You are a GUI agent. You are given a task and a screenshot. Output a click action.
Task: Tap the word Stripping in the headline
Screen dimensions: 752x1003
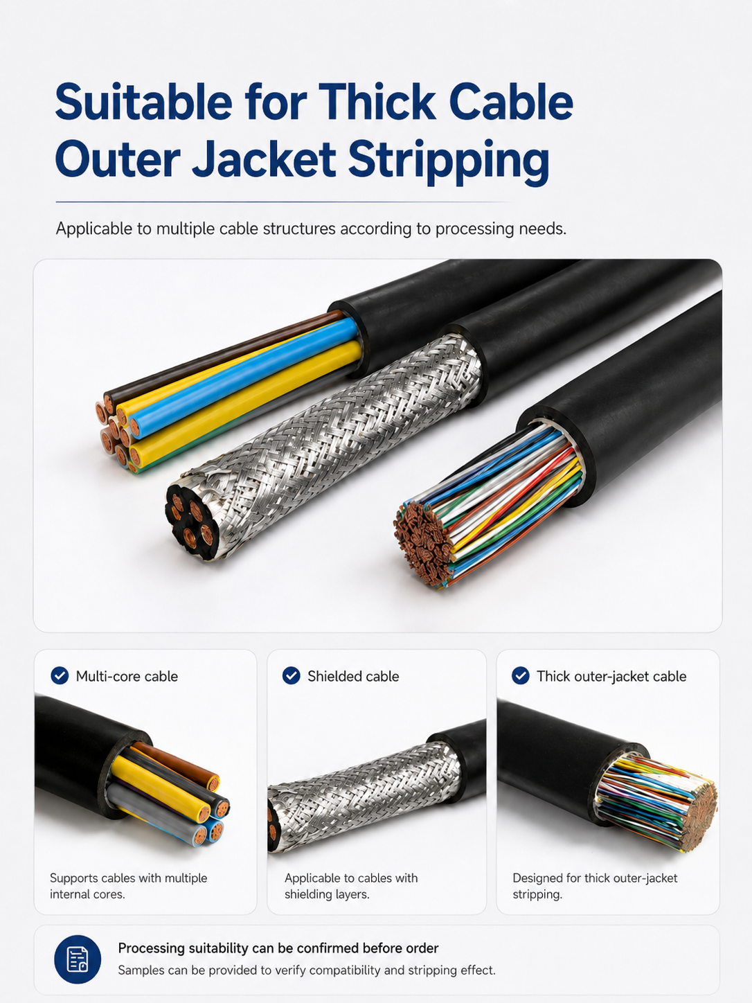(x=449, y=160)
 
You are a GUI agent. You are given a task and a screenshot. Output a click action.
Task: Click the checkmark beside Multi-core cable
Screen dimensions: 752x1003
(x=60, y=675)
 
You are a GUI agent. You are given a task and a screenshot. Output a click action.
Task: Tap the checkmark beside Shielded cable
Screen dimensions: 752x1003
(x=291, y=675)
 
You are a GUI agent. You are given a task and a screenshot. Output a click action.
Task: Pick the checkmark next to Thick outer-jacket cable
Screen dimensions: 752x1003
(x=521, y=675)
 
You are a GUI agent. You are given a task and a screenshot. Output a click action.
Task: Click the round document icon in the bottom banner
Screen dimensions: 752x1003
(x=78, y=959)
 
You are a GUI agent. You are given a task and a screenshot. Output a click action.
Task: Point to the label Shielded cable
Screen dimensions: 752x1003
(x=353, y=676)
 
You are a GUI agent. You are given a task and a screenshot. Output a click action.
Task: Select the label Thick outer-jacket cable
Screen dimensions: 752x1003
(x=611, y=676)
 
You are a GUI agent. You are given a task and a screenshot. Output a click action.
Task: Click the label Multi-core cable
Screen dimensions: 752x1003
(x=127, y=676)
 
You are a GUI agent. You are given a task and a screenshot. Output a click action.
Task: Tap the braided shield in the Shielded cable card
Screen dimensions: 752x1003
(x=366, y=795)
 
